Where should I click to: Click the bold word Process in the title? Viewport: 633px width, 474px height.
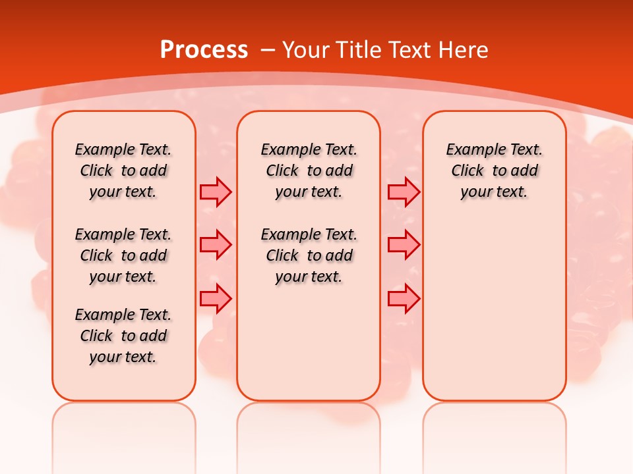coord(204,50)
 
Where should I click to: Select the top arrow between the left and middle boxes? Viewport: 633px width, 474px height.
coord(216,192)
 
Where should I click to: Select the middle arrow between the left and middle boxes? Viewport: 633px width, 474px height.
coord(216,245)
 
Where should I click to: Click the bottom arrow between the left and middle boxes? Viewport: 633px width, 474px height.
coord(216,298)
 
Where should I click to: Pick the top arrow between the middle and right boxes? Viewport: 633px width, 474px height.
coord(404,192)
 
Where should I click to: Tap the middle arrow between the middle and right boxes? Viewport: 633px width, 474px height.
coord(404,245)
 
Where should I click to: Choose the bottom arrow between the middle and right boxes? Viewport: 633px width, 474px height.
coord(404,298)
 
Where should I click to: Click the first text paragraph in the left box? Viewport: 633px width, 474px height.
coord(123,171)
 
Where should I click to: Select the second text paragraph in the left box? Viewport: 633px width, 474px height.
coord(123,255)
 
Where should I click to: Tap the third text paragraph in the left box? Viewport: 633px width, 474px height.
coord(123,336)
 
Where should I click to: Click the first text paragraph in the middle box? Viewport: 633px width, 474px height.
coord(309,171)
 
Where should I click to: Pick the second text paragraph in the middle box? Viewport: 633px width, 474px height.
coord(309,255)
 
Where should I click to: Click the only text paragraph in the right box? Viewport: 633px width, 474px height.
coord(494,171)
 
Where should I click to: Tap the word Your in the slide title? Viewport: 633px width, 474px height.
coord(307,50)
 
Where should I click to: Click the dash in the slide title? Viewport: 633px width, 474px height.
coord(268,50)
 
